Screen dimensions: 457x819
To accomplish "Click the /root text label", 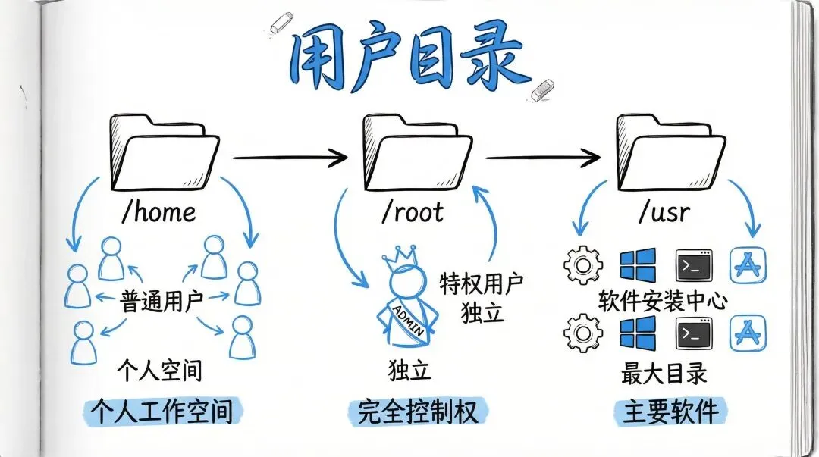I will [x=412, y=211].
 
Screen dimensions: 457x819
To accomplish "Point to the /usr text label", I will [x=664, y=211].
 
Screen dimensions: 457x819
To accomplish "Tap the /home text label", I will [x=158, y=211].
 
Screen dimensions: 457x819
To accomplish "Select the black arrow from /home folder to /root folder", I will [x=289, y=158].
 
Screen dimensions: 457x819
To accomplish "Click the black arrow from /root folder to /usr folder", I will [x=543, y=158].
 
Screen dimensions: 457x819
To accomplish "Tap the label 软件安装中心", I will [x=663, y=301].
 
